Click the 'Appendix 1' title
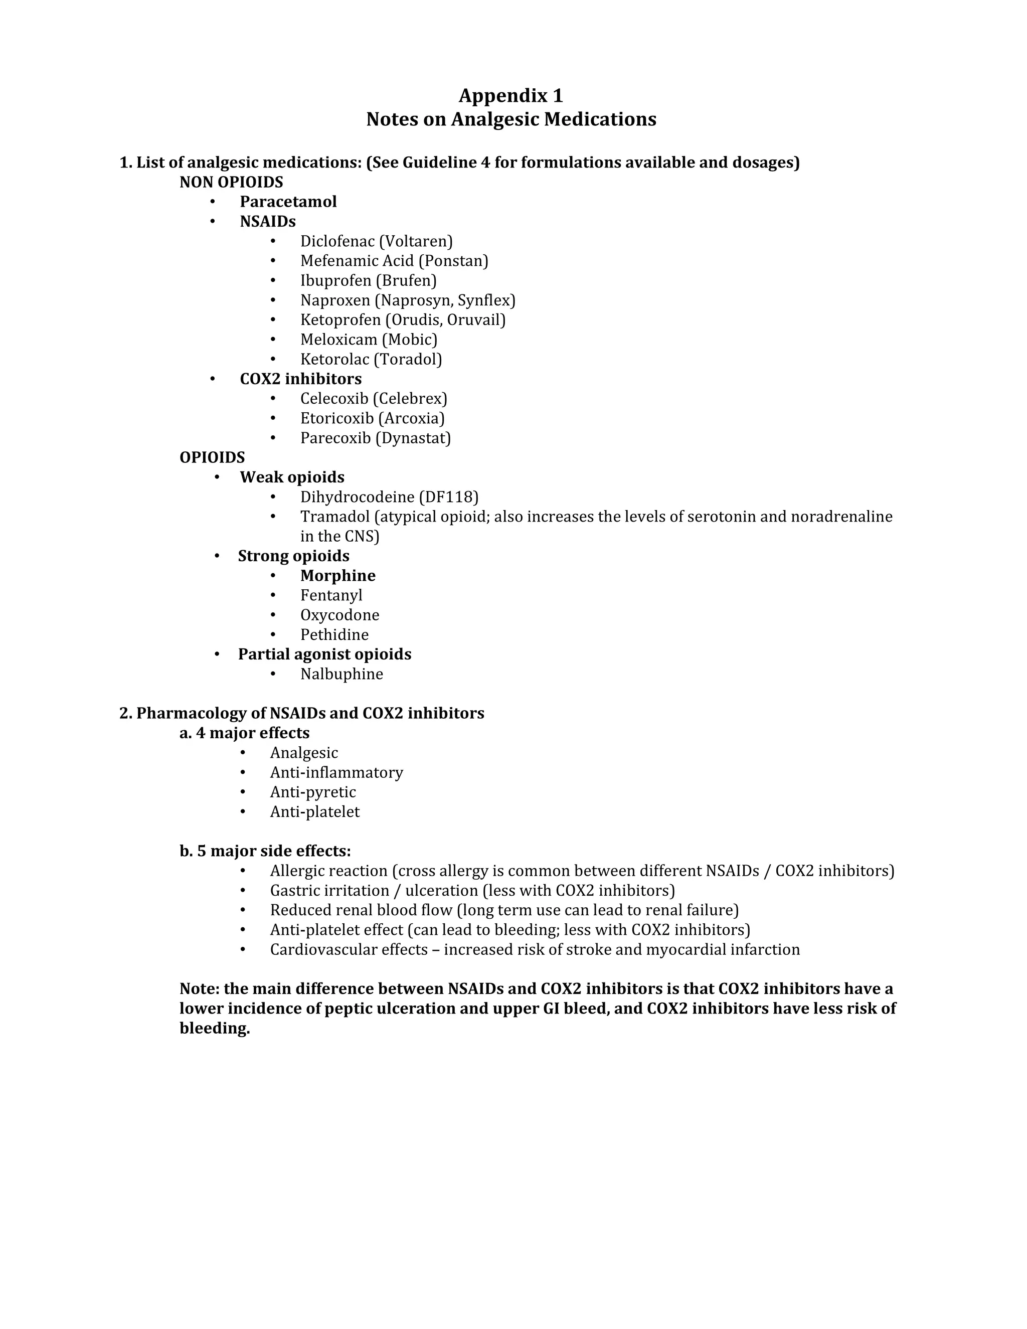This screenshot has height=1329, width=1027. pos(510,95)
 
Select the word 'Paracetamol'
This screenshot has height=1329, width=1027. pos(288,202)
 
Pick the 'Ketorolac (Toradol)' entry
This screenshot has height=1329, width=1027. pos(371,359)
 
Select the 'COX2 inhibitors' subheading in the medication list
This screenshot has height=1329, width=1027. pos(300,379)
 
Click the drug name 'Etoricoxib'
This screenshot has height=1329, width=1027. pos(336,418)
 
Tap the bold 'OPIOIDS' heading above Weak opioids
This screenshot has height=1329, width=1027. pos(212,457)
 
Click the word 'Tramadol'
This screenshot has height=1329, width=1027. pos(334,517)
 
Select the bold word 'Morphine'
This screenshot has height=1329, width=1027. pos(337,576)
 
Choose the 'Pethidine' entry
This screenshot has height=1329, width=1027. pos(334,635)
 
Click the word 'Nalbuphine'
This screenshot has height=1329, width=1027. pos(341,674)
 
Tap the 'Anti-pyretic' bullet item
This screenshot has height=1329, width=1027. pos(313,792)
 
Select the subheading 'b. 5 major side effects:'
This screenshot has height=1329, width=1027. pos(265,851)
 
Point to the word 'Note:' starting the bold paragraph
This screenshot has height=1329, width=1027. pos(199,988)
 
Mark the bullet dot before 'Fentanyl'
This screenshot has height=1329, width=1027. pos(273,595)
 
